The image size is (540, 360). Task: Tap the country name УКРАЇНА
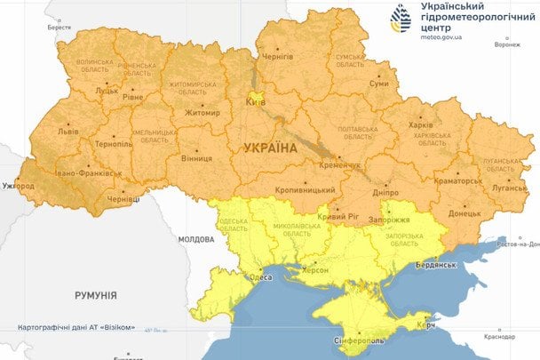265,147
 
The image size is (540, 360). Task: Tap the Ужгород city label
18,186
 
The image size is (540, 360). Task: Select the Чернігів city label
277,57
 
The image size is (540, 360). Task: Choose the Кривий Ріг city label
340,217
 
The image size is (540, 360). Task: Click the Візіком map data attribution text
76,328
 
